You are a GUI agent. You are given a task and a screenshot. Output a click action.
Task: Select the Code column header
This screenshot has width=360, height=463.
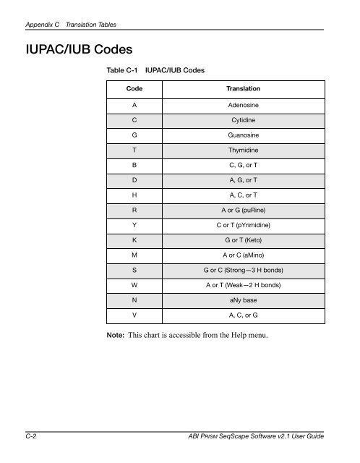click(x=134, y=88)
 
